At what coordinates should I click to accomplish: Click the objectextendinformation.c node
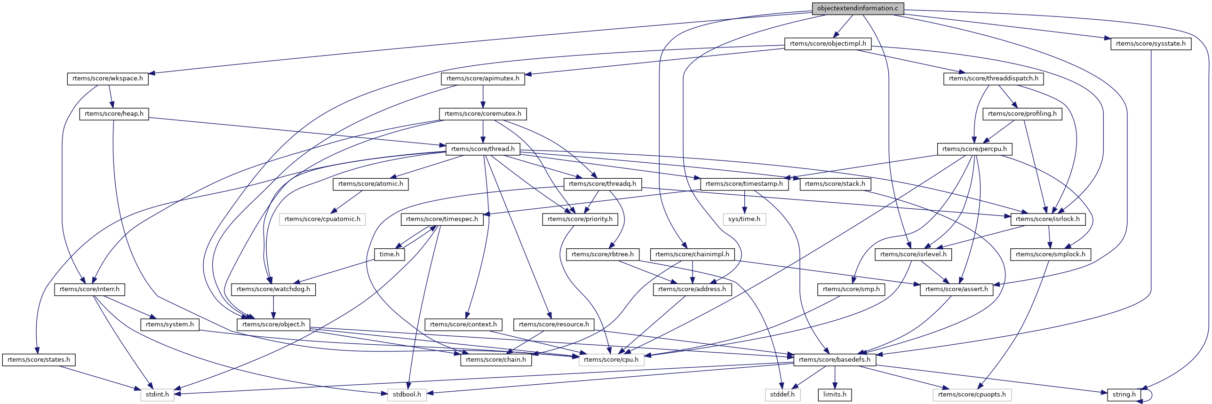(x=858, y=8)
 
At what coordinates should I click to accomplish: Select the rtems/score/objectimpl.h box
(x=828, y=44)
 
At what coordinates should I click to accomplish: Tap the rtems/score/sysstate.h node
(x=1150, y=44)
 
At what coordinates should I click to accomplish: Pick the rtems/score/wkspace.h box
(x=108, y=79)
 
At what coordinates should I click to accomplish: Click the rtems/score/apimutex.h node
(x=483, y=79)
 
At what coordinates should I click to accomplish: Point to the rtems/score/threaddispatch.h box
(x=993, y=79)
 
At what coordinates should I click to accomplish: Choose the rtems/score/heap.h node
(x=114, y=114)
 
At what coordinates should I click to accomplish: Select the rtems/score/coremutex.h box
(x=483, y=114)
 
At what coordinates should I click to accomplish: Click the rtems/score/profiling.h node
(x=1022, y=114)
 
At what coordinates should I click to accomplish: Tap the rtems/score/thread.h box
(x=483, y=149)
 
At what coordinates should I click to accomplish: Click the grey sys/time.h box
(x=744, y=219)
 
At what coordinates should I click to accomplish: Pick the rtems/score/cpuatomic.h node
(x=322, y=219)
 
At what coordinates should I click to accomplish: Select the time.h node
(x=389, y=254)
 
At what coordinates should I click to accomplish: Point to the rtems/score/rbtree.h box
(x=602, y=254)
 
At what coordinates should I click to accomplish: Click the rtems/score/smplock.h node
(x=1050, y=254)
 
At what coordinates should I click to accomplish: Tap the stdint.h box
(x=157, y=395)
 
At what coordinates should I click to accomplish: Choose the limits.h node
(x=835, y=395)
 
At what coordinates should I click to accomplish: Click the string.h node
(x=1124, y=395)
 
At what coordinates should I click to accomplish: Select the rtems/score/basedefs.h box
(x=834, y=360)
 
